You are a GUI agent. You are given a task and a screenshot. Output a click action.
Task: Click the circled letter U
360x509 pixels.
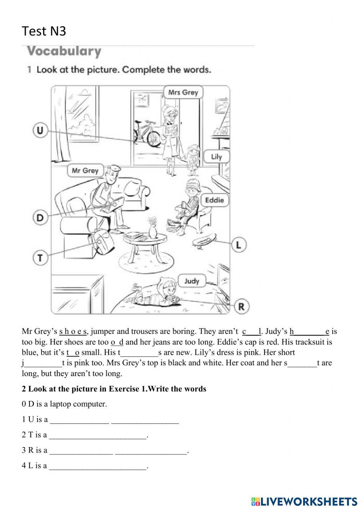click(x=40, y=130)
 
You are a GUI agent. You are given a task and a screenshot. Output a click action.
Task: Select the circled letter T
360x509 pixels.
click(x=40, y=258)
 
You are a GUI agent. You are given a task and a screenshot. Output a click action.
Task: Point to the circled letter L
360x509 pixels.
click(x=238, y=245)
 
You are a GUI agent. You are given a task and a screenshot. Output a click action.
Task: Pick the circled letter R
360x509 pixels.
click(x=241, y=307)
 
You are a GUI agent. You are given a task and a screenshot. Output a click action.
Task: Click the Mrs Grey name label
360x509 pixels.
click(x=183, y=92)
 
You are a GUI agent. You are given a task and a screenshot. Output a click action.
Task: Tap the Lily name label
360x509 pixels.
click(x=216, y=157)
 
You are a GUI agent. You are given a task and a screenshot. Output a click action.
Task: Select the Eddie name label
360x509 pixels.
click(x=214, y=200)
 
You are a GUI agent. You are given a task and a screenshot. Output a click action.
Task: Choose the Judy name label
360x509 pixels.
click(x=192, y=281)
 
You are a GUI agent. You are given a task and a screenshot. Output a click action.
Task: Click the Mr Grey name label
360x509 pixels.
click(x=85, y=170)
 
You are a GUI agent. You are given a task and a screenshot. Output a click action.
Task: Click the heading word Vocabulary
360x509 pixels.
click(x=64, y=51)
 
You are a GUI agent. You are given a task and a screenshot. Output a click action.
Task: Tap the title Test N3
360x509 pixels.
click(x=44, y=31)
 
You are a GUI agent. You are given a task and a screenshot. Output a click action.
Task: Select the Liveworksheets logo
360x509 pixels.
click(x=304, y=501)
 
